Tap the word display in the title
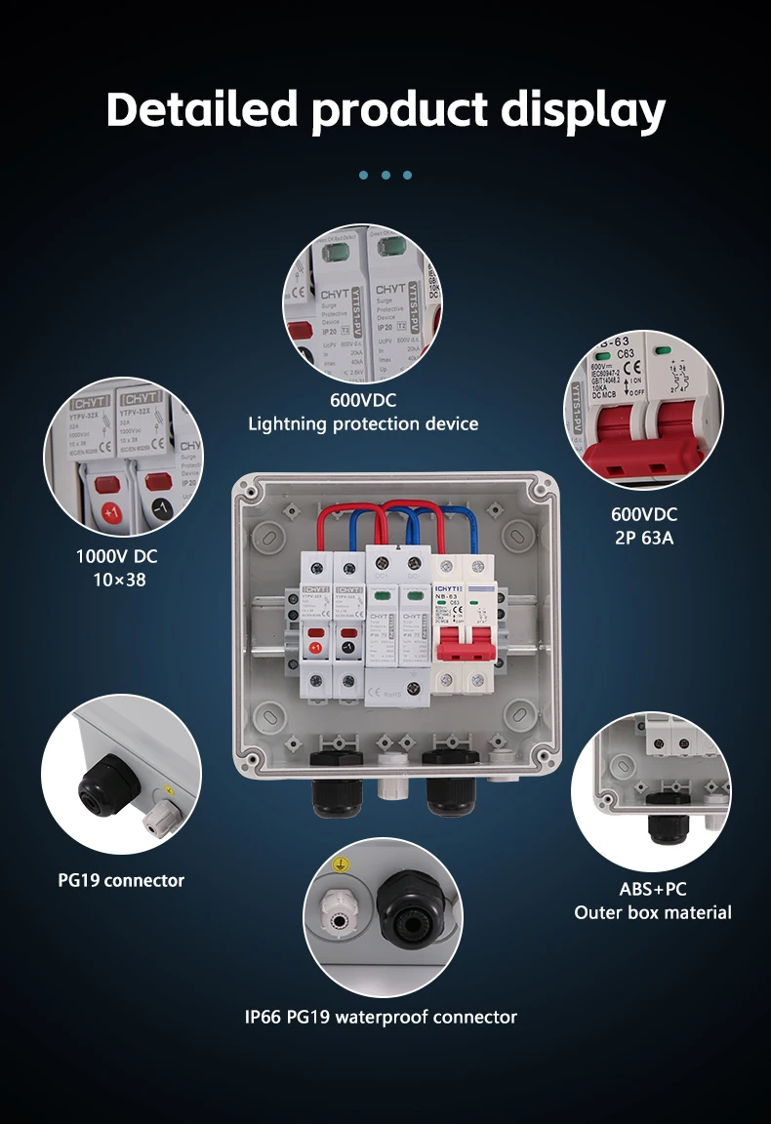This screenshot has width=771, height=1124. (584, 110)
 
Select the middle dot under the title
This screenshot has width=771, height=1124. (385, 175)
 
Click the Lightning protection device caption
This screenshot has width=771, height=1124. (363, 423)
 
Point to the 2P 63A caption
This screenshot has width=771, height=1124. (643, 537)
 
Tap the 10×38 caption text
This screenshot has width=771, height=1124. (116, 580)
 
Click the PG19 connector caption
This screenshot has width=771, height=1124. (121, 880)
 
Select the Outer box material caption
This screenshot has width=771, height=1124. (653, 912)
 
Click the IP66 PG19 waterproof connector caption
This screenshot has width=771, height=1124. (381, 1017)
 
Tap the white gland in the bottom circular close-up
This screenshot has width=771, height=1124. (337, 916)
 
